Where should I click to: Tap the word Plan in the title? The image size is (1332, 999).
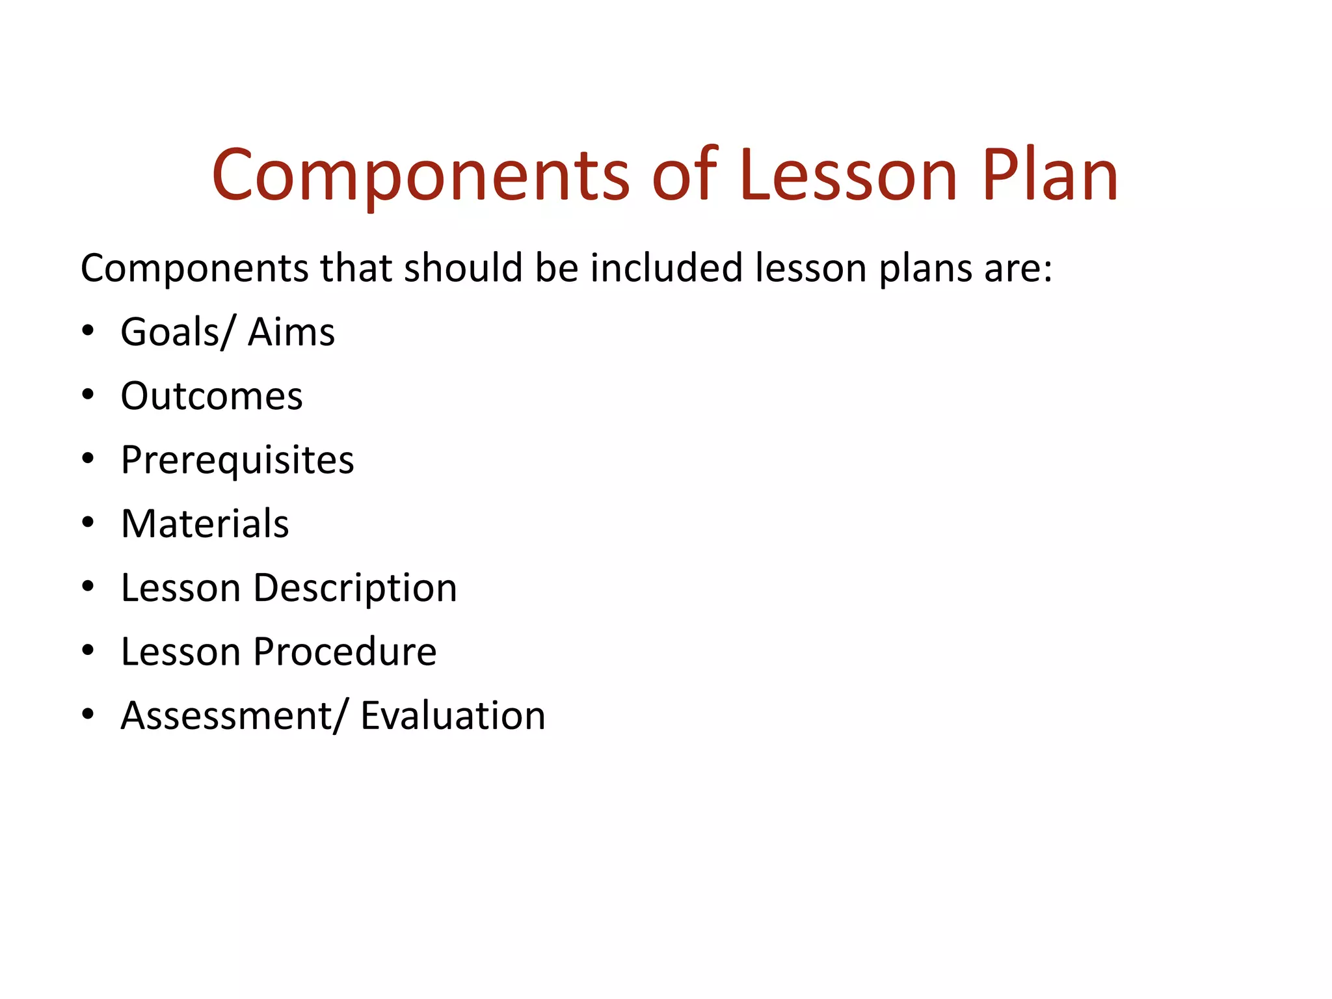(x=1050, y=176)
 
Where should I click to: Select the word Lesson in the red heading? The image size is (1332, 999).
(x=848, y=176)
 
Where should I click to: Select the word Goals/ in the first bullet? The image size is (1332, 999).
(x=176, y=332)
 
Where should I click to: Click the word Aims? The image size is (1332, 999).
(x=291, y=332)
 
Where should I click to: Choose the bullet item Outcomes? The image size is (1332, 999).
(x=211, y=396)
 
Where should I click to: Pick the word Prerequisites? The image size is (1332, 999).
(x=237, y=460)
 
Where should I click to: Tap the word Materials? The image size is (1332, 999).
(x=205, y=524)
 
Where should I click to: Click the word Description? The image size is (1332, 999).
(x=355, y=589)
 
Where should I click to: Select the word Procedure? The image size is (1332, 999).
(x=345, y=652)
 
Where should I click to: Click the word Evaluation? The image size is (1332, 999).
(x=453, y=716)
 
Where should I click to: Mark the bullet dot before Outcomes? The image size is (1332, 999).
(x=88, y=395)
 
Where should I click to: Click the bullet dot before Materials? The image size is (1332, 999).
(x=88, y=522)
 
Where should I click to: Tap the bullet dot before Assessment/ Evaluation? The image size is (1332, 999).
(x=88, y=714)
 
